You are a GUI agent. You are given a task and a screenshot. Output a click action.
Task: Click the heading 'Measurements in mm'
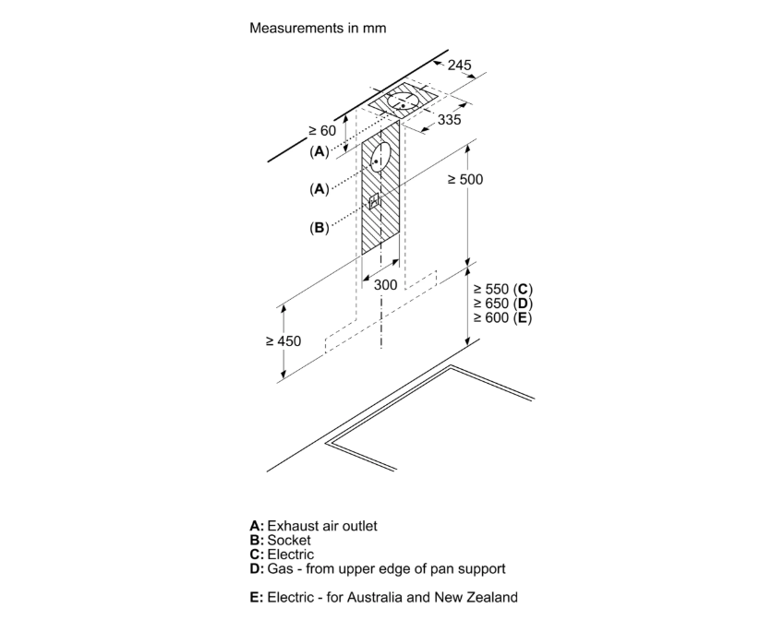[317, 28]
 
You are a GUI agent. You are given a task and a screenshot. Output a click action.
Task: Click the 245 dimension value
[459, 66]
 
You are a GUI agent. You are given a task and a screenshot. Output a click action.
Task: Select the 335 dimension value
[450, 120]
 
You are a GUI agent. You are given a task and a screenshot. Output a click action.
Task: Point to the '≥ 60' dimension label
[322, 131]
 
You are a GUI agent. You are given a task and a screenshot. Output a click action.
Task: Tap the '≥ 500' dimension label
[464, 179]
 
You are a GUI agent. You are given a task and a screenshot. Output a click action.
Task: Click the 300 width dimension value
[385, 285]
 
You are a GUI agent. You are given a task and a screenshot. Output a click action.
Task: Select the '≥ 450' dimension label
[283, 340]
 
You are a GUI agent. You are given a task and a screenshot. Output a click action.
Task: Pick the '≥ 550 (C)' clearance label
[504, 289]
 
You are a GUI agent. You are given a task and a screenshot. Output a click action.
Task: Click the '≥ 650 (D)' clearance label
[504, 304]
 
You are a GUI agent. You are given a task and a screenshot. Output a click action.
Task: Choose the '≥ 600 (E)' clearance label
[504, 317]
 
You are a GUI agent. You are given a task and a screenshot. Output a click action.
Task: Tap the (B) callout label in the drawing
[320, 227]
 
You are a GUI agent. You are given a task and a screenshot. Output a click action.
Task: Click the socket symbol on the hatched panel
[375, 201]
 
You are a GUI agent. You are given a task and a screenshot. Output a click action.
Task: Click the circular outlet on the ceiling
[404, 101]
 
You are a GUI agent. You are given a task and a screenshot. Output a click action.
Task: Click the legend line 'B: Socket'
[280, 540]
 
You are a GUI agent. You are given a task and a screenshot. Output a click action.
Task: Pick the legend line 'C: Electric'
[282, 554]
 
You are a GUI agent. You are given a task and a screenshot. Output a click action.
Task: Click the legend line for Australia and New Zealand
[383, 597]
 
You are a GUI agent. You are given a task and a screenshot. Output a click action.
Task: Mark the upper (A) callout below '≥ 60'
[320, 150]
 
